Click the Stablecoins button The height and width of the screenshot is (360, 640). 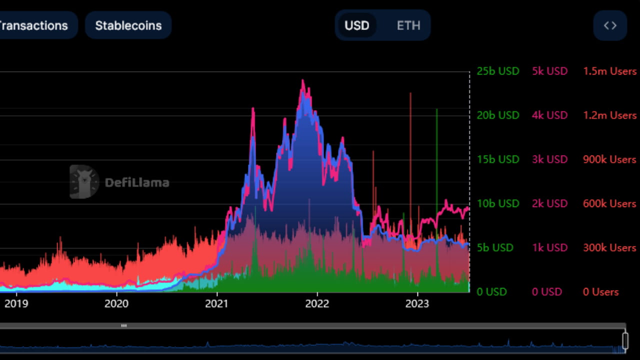pyautogui.click(x=128, y=25)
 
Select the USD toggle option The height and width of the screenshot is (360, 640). pyautogui.click(x=356, y=25)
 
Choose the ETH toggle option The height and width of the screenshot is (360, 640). pyautogui.click(x=408, y=25)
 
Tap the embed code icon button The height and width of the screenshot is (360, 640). pyautogui.click(x=610, y=25)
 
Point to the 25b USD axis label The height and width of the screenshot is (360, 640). pyautogui.click(x=497, y=71)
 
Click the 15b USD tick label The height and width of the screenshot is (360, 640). pyautogui.click(x=497, y=159)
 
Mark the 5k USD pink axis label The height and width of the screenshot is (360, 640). pyautogui.click(x=549, y=71)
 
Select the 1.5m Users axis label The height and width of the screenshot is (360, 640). pyautogui.click(x=609, y=71)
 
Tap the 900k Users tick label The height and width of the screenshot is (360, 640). pyautogui.click(x=609, y=159)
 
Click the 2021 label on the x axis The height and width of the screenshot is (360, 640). pyautogui.click(x=217, y=304)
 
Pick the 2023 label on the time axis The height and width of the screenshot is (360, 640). pyautogui.click(x=417, y=304)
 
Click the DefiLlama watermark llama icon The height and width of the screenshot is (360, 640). pyautogui.click(x=84, y=181)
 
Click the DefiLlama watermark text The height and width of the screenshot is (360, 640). pyautogui.click(x=136, y=182)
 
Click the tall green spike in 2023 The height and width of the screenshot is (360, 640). pyautogui.click(x=436, y=150)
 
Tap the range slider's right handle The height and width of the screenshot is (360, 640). pyautogui.click(x=625, y=340)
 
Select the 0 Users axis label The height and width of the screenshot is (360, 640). pyautogui.click(x=600, y=292)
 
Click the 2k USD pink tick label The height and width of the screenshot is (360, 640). pyautogui.click(x=549, y=203)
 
